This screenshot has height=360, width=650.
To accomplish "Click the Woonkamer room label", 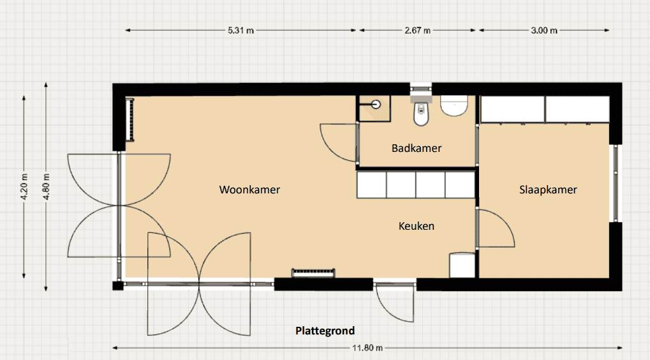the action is [x=249, y=190].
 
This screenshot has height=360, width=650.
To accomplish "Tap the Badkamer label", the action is [x=417, y=148].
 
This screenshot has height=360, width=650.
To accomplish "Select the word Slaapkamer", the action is [x=548, y=190].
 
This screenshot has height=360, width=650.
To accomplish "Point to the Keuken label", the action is [x=417, y=226].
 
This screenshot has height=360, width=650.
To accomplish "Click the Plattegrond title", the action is [x=325, y=331].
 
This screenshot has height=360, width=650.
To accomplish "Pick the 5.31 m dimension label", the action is [x=241, y=30].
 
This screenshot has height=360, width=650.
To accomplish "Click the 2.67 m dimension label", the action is [x=417, y=30].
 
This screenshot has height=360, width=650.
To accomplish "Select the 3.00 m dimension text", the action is [x=544, y=30].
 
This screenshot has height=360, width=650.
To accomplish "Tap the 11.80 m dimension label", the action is [x=367, y=348].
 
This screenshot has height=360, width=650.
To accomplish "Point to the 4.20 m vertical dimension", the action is [x=24, y=186].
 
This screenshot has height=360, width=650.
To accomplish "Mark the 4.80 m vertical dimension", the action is [x=46, y=186].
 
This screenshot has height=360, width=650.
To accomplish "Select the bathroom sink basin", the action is [x=454, y=106].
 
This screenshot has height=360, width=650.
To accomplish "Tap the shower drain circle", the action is [x=376, y=104].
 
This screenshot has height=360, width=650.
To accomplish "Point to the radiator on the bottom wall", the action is [x=313, y=273].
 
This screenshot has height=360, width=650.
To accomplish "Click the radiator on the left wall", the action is [x=129, y=120].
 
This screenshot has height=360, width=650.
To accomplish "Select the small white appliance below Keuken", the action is [x=462, y=265].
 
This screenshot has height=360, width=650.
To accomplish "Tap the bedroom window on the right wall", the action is [x=616, y=183].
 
